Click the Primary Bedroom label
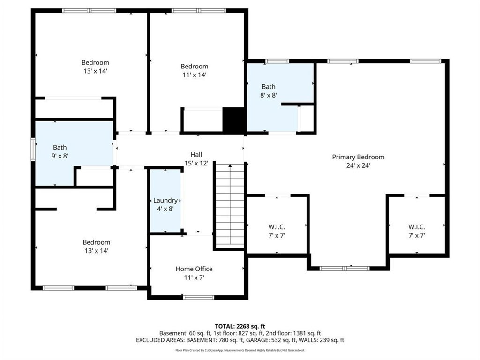(x=358, y=157)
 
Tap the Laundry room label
(x=165, y=200)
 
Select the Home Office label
(x=194, y=269)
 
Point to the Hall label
(x=196, y=155)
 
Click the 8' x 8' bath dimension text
(x=269, y=95)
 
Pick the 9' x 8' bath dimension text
(x=60, y=156)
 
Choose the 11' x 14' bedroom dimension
(x=195, y=75)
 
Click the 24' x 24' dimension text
(x=358, y=165)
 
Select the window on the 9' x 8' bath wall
(x=33, y=150)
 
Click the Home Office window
(x=199, y=297)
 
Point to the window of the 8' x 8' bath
(x=277, y=61)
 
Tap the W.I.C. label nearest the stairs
(x=277, y=227)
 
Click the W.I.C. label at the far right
(x=417, y=227)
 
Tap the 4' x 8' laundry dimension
(x=165, y=209)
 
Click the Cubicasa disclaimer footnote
(x=240, y=350)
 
